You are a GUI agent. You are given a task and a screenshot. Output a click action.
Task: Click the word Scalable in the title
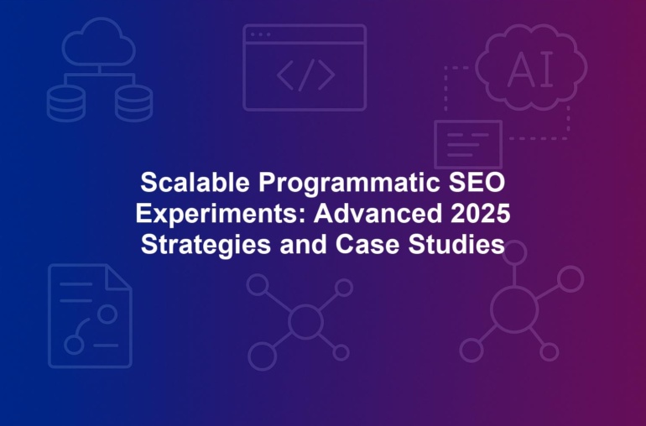pos(195,182)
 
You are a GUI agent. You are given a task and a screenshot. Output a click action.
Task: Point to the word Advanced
pos(378,213)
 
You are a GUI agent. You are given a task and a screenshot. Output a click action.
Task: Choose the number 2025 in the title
pos(481,213)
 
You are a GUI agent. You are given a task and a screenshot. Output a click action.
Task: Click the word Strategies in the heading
pos(206,246)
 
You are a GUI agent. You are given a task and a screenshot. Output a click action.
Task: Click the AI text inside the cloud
pos(530,70)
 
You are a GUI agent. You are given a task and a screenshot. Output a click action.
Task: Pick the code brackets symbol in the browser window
pos(305,75)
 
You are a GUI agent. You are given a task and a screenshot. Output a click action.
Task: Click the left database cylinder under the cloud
pos(66,103)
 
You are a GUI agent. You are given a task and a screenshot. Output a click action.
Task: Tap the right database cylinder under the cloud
pos(134,103)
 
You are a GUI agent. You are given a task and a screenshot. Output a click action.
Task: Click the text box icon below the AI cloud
pos(468,144)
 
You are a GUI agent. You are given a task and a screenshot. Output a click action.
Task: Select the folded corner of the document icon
pos(117,278)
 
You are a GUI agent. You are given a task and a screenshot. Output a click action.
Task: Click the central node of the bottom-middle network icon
pos(305,321)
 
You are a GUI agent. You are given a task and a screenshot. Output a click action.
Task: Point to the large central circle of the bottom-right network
pos(514,309)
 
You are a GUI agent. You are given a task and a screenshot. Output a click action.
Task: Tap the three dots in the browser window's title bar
pos(260,34)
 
